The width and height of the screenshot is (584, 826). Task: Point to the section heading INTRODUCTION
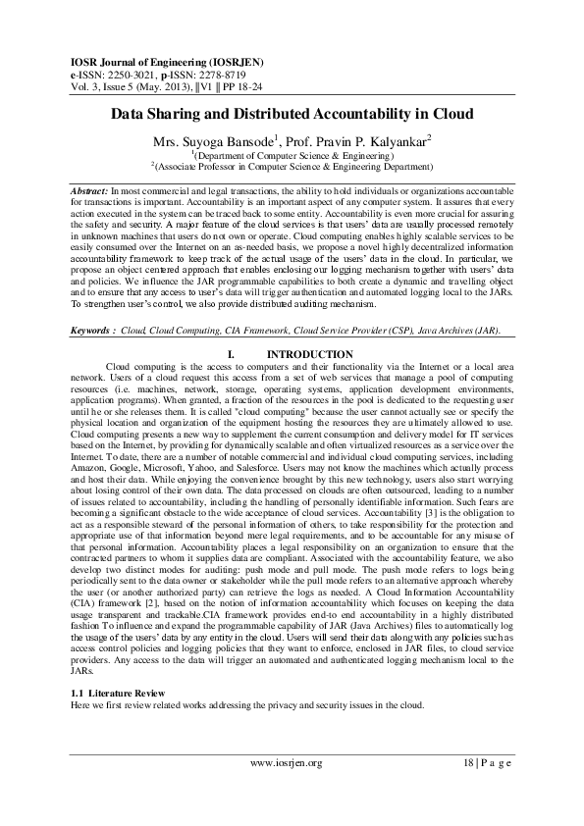(309, 354)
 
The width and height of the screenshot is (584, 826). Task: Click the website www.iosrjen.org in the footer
(289, 762)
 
